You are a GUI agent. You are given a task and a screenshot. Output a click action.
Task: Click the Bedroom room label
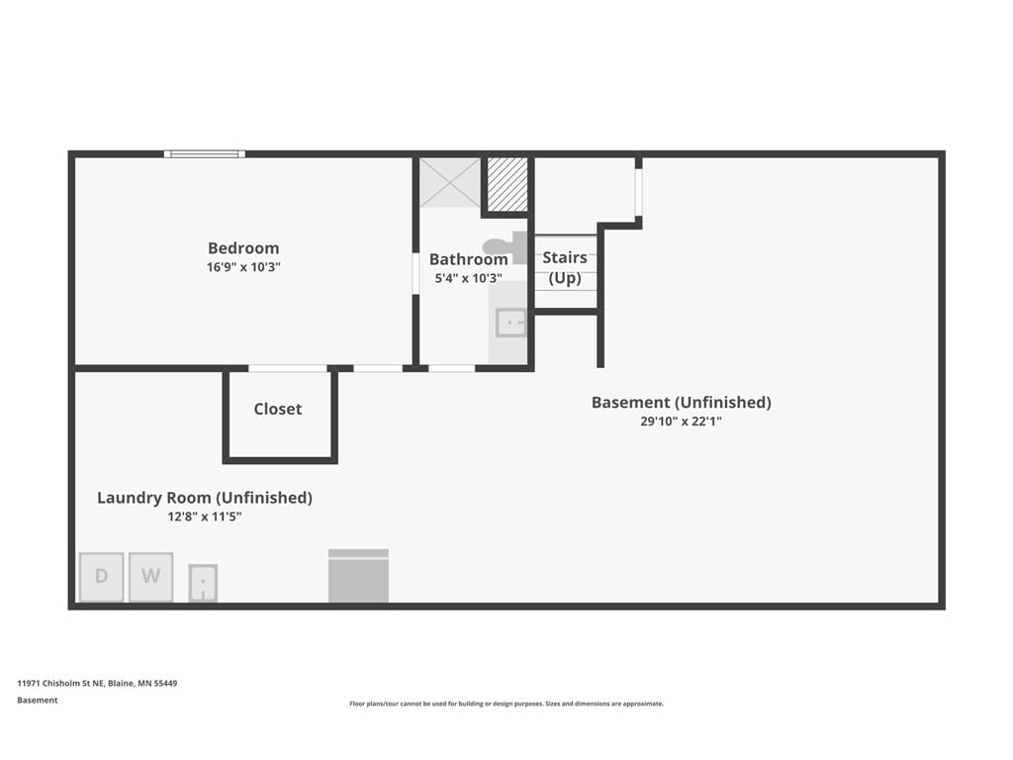tap(243, 248)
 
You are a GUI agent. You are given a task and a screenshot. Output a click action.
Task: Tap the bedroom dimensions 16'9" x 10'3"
tap(243, 267)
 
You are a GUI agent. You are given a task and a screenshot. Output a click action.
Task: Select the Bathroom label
tap(468, 259)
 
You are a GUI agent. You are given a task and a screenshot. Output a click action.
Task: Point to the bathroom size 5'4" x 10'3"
tap(468, 278)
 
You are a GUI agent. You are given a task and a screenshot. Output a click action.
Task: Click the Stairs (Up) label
tap(565, 267)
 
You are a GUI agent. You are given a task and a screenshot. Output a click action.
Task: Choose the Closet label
tap(278, 409)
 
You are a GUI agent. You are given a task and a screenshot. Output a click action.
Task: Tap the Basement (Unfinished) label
tap(682, 403)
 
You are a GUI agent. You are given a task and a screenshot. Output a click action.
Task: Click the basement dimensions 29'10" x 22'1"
tap(681, 422)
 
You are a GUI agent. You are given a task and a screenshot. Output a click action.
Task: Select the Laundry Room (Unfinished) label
tap(205, 498)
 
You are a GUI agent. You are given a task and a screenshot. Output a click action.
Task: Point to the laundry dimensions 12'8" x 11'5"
tap(204, 517)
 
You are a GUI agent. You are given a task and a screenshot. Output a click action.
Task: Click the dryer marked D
tap(102, 577)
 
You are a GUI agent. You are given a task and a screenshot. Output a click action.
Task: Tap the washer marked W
tap(150, 577)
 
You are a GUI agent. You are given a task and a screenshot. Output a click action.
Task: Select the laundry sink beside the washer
tap(203, 583)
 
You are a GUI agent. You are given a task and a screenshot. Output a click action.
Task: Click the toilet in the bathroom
tap(506, 247)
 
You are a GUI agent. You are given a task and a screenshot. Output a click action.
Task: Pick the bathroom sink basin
tap(511, 323)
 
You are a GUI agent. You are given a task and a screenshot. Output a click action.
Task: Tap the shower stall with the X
tap(450, 183)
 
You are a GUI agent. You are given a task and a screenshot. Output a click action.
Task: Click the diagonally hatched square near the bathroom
tap(507, 184)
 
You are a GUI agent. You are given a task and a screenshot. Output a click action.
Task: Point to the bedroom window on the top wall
tap(205, 153)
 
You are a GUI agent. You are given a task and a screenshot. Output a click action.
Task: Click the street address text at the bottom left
tap(97, 683)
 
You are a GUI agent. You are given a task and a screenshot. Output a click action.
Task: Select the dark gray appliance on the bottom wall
tap(358, 576)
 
